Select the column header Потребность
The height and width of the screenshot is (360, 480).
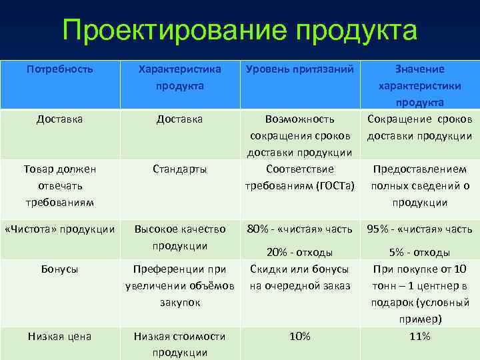[59, 69]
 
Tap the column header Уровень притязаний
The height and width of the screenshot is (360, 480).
[300, 69]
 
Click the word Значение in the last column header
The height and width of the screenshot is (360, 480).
[420, 69]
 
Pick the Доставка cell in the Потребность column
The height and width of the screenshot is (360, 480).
[59, 119]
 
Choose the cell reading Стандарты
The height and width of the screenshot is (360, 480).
[180, 169]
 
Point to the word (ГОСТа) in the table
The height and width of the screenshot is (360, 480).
[332, 185]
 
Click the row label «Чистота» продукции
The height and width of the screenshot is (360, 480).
[59, 229]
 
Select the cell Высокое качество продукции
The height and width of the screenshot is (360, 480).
[180, 237]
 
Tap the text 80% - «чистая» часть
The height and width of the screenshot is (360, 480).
[300, 229]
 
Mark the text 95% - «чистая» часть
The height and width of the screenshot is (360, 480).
[420, 229]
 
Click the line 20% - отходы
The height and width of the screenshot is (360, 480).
[300, 252]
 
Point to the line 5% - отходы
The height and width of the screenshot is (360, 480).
[420, 252]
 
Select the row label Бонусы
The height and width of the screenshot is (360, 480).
[59, 269]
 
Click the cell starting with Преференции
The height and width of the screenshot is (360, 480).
[180, 285]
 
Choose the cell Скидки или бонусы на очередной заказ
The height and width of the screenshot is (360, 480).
[300, 277]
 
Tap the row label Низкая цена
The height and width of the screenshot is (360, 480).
[59, 336]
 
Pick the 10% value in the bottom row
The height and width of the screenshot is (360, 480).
[300, 336]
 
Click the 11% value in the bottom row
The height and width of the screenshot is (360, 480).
[420, 336]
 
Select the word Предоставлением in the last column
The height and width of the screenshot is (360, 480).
[420, 169]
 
